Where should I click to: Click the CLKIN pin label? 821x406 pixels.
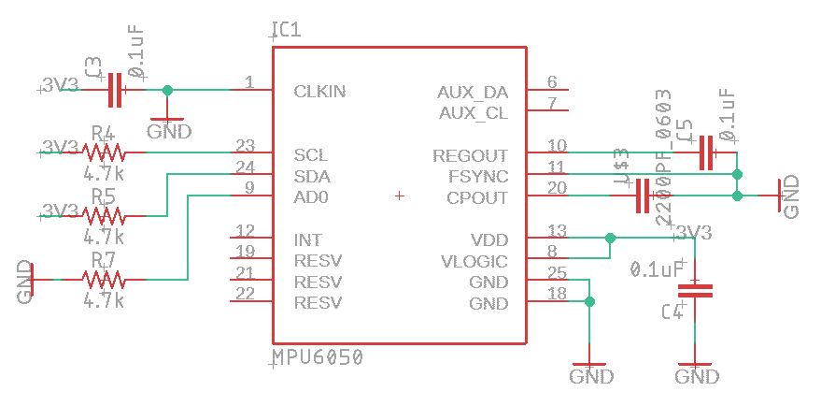tap(321, 92)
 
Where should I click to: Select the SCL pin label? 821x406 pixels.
tap(310, 155)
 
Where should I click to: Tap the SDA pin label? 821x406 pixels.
tap(311, 176)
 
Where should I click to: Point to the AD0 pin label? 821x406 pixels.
tap(310, 197)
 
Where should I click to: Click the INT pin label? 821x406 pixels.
tap(308, 240)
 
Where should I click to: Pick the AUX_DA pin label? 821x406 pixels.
tap(473, 92)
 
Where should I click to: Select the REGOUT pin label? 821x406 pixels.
tap(471, 155)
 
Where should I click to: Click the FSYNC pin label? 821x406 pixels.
tap(477, 176)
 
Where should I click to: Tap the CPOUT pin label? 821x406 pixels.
tap(477, 197)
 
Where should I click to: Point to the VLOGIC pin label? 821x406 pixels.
tap(474, 261)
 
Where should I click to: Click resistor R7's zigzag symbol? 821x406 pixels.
tap(103, 279)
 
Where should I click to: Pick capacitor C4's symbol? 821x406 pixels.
tap(695, 290)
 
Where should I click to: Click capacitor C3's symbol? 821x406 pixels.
tap(115, 90)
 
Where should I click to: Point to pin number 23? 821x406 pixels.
tap(246, 146)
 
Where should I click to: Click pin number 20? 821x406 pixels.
tap(557, 188)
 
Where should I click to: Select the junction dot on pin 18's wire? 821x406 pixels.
tap(589, 301)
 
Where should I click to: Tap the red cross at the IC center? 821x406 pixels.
tap(400, 196)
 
